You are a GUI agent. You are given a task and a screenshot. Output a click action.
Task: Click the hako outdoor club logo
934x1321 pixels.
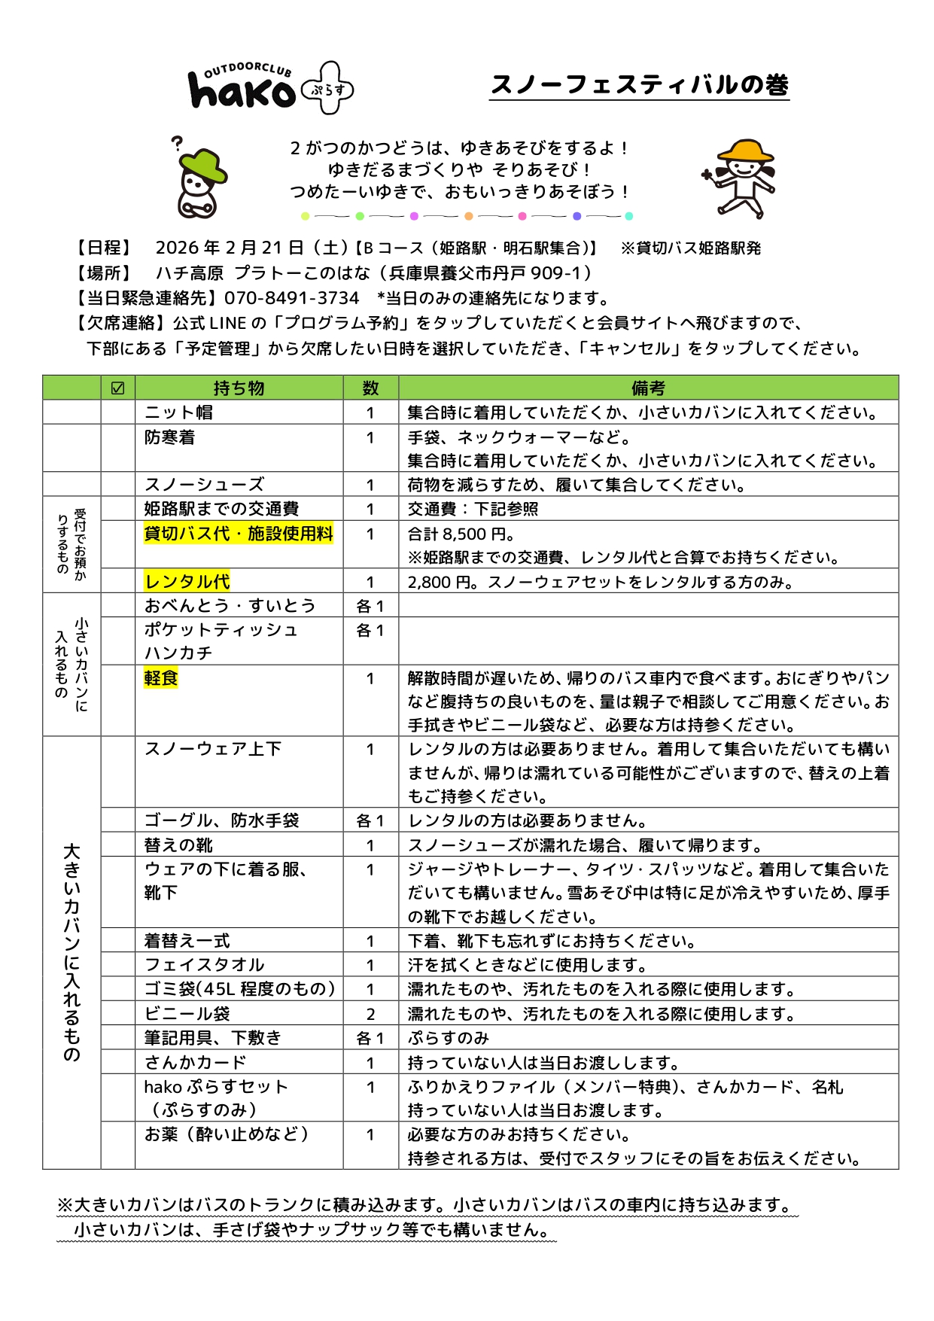tap(269, 89)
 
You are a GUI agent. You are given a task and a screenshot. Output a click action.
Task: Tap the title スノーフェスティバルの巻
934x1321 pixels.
tap(639, 84)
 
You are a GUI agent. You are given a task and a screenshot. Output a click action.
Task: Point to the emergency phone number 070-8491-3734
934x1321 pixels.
tap(291, 298)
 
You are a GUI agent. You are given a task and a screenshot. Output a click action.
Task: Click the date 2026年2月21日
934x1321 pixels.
tap(229, 248)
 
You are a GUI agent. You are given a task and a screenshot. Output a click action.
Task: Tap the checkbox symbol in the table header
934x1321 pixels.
tap(117, 388)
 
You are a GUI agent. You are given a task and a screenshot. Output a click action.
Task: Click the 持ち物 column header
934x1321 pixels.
tap(239, 388)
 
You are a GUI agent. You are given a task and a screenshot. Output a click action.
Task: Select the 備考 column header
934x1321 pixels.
tap(647, 388)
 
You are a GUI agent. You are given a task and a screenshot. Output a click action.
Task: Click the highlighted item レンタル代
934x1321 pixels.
tap(187, 581)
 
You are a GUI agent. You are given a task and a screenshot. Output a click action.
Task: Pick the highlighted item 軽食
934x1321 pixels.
tap(161, 678)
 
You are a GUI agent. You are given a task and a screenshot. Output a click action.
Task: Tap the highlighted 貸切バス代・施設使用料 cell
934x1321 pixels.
tap(239, 534)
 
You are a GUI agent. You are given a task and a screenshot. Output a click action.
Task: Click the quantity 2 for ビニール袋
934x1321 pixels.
tap(370, 1014)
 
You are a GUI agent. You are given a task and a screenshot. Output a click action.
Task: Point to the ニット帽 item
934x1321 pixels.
tap(178, 412)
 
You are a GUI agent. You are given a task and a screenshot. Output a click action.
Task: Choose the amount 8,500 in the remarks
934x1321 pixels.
tap(464, 534)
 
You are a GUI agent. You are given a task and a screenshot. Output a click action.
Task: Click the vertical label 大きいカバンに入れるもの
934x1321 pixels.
tap(71, 952)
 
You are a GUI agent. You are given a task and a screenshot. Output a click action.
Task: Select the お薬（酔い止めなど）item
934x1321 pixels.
tap(227, 1134)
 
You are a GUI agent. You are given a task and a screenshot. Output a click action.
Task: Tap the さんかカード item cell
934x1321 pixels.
tap(195, 1062)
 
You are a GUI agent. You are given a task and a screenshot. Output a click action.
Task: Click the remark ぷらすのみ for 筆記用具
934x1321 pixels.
tap(449, 1038)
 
